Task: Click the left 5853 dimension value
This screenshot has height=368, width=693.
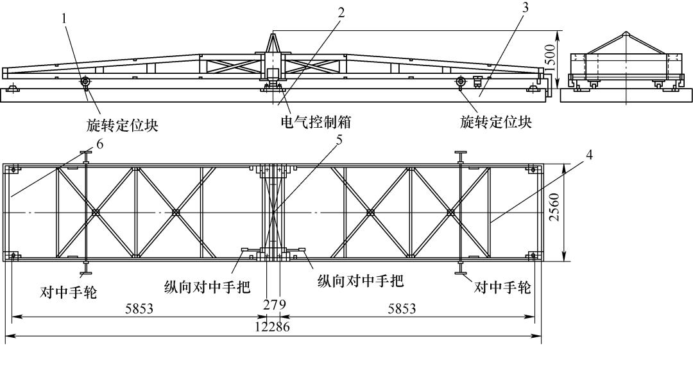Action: click(x=139, y=309)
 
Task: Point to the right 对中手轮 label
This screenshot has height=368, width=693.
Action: click(x=502, y=287)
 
